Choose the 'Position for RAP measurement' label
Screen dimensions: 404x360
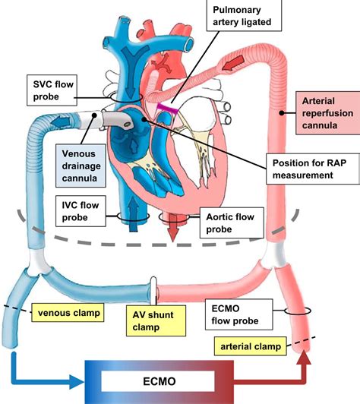pyautogui.click(x=310, y=169)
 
